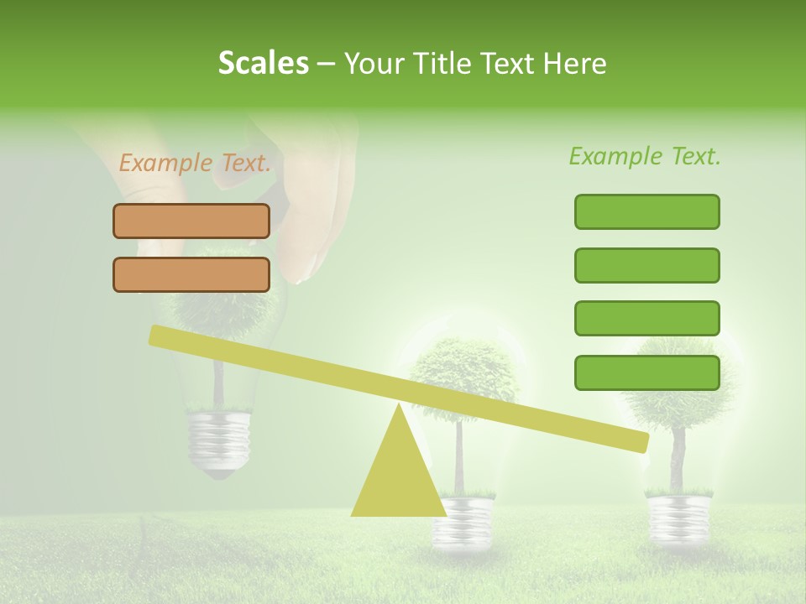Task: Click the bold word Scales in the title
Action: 264,63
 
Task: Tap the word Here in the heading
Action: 576,64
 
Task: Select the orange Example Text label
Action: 195,163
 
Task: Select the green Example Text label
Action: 645,156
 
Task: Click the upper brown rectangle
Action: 191,221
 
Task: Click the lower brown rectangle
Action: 191,274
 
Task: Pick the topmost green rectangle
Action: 646,211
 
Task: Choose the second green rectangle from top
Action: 646,265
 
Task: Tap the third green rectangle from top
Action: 646,318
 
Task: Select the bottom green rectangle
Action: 646,372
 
